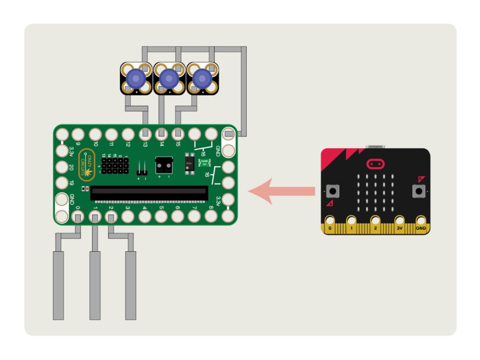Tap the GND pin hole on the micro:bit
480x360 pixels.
coord(420,221)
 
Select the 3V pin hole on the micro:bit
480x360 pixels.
coord(399,221)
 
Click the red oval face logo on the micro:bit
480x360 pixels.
coord(376,164)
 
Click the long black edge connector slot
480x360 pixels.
coord(150,193)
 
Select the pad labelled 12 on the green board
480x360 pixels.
coord(128,134)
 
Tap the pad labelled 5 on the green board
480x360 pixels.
coord(161,216)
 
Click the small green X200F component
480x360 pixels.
coord(204,162)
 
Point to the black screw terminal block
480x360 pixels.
coord(164,164)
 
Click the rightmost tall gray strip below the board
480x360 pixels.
coord(131,285)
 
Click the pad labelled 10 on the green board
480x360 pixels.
coord(95,134)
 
